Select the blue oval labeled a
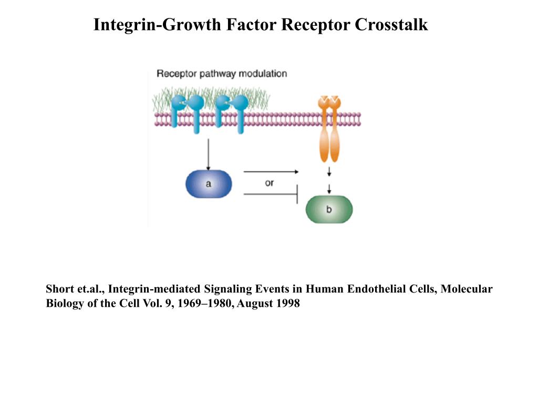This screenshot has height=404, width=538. click(209, 184)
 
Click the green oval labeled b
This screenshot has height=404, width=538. click(329, 209)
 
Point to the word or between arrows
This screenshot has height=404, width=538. click(269, 183)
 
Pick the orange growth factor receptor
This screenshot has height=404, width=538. click(329, 129)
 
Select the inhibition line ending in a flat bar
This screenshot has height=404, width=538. click(271, 194)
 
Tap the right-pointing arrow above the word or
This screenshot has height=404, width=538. click(271, 172)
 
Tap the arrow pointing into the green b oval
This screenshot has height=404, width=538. click(329, 189)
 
